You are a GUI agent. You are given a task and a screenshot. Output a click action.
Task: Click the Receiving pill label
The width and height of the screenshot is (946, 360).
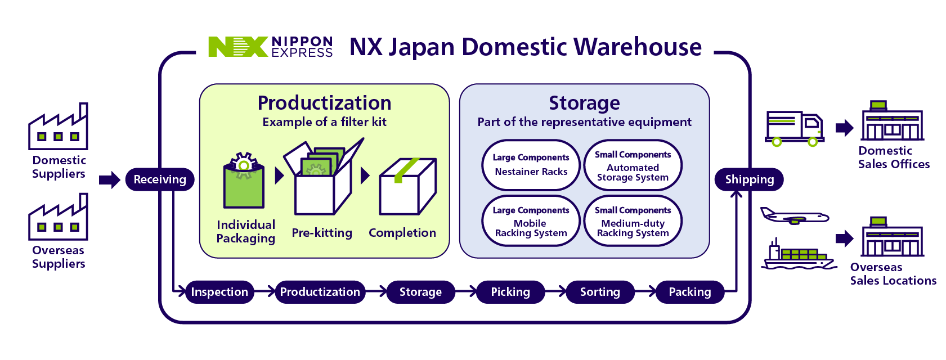160,179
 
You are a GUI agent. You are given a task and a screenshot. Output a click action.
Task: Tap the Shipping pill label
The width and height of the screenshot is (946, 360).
749,179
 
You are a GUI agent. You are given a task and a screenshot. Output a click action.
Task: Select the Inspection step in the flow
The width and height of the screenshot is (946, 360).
219,292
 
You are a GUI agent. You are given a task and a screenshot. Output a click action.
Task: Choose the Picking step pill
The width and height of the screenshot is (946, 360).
510,292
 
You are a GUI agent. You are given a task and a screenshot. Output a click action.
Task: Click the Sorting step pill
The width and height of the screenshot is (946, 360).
600,292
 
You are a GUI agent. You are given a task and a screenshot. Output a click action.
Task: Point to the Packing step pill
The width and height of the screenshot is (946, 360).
690,292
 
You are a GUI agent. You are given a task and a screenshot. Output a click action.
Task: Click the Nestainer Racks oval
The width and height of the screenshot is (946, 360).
531,165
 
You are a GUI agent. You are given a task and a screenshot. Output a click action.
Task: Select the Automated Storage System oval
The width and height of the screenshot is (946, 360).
633,165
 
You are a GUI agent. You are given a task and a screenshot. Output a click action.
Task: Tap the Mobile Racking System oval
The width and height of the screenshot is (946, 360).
531,221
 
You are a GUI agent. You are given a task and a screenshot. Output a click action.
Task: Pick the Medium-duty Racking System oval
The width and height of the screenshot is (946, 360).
633,221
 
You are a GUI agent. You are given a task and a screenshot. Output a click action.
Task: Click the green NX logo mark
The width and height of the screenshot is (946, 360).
237,47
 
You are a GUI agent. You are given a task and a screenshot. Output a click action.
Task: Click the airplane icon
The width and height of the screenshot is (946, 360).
794,216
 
